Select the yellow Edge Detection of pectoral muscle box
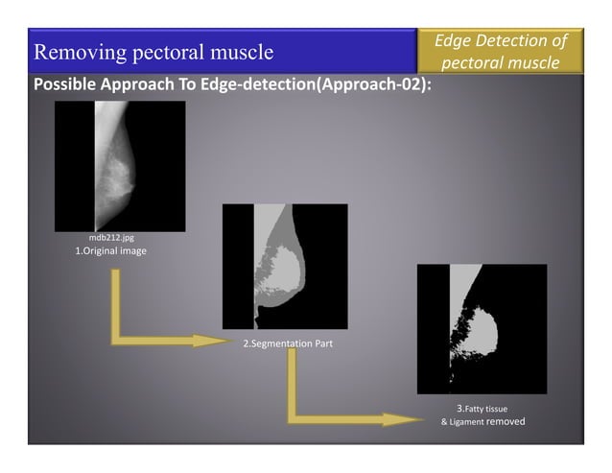click(500, 51)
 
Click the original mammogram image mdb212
click(120, 165)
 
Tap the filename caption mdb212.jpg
click(110, 237)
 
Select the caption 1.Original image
click(110, 250)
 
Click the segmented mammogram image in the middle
click(285, 266)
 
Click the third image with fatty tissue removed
click(482, 328)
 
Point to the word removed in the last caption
click(506, 421)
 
